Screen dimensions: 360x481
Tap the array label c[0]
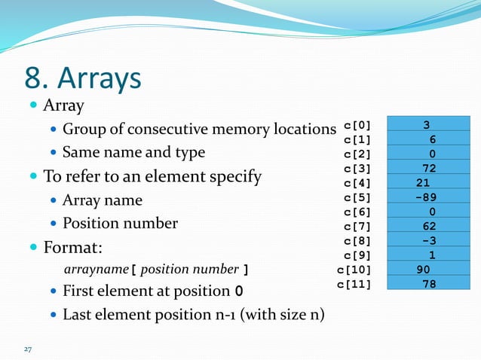click(x=357, y=125)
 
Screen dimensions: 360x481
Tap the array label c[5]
click(x=357, y=197)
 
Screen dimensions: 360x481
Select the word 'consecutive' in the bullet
click(x=165, y=129)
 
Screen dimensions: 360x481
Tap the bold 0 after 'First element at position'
click(x=239, y=291)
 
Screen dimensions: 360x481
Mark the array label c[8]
click(x=357, y=240)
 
